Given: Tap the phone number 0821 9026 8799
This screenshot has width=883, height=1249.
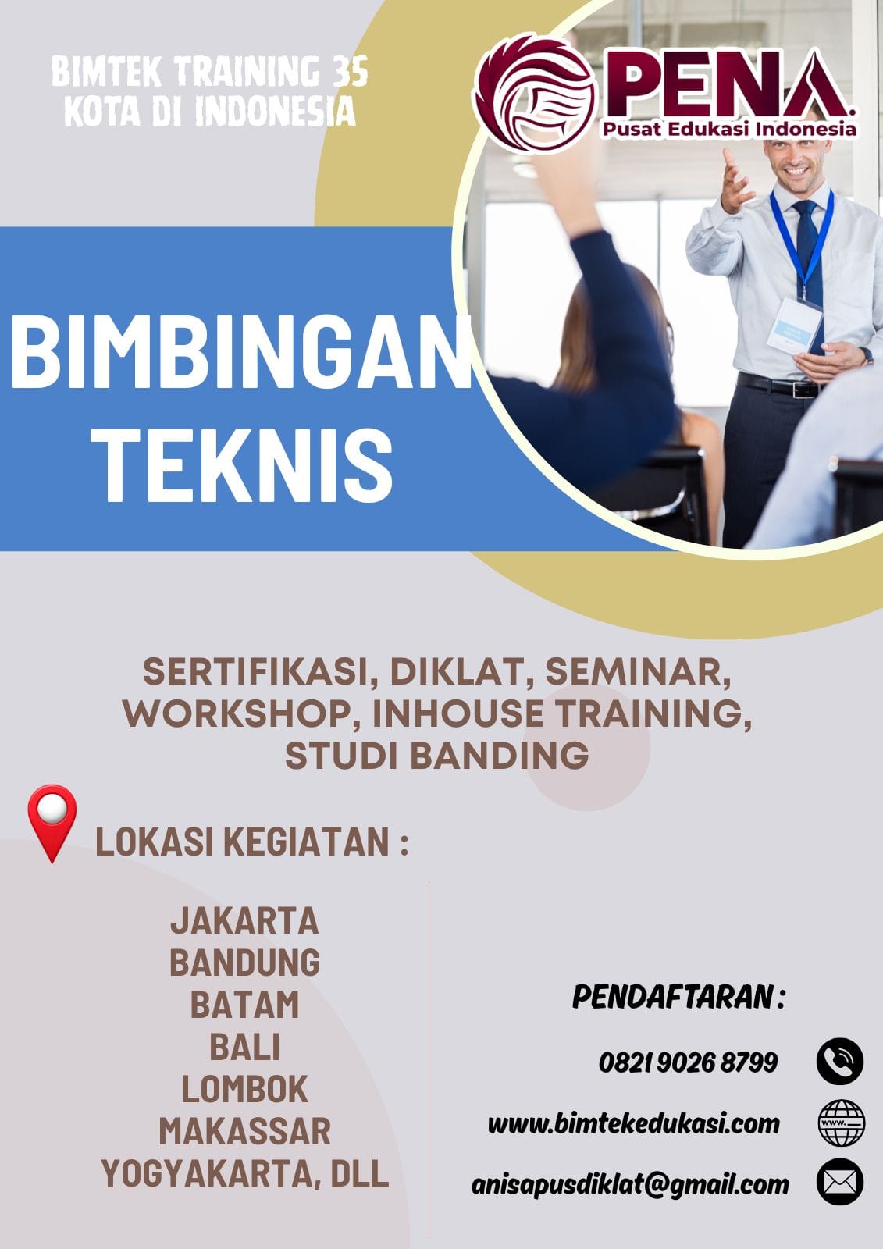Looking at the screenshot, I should (688, 1062).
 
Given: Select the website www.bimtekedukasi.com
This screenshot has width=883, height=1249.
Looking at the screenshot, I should (633, 1123).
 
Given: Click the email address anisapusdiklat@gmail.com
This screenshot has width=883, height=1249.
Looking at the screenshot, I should (629, 1184).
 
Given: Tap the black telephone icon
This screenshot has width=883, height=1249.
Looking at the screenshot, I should (839, 1062).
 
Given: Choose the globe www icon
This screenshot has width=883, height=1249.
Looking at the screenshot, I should (840, 1123).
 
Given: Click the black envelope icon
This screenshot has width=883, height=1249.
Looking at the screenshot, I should (839, 1183).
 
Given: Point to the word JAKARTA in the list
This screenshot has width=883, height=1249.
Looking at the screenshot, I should (244, 921).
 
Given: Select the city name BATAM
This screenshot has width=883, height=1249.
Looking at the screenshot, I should (244, 1005).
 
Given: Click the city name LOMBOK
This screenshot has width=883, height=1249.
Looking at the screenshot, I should (244, 1090).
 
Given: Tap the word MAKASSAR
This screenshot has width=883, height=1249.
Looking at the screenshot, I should (244, 1132).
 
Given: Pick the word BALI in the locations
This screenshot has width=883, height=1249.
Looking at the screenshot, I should (244, 1048).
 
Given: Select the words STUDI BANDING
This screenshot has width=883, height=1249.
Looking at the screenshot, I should (436, 756).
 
